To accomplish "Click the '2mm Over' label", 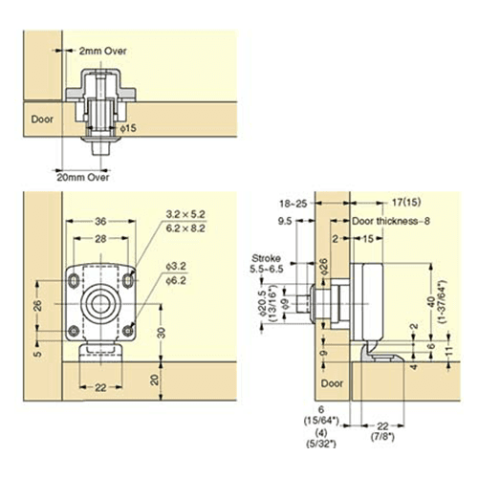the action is coord(102,51).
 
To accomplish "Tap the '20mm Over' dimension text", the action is coord(83,177).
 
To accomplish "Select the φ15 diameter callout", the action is coord(128,128).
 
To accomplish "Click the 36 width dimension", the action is coord(100,221).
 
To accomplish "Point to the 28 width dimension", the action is coord(100,238).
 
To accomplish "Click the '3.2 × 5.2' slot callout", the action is coord(185,214).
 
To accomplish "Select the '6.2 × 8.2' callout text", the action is coord(185,228).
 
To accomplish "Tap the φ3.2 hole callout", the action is coord(176,266).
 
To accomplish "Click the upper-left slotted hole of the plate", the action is coord(74,280).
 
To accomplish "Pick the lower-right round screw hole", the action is coord(128,331).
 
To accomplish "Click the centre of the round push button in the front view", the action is coord(100,304).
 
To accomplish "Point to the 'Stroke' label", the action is coord(266,258).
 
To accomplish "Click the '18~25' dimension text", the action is coord(293,204).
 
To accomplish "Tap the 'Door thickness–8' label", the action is coord(391,221).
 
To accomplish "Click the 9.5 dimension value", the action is coord(285,221).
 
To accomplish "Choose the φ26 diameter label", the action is coord(323,267).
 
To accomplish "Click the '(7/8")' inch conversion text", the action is coord(382,437).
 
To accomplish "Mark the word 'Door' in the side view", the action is coord(332,383).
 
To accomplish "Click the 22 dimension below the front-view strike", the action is coord(100,388).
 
